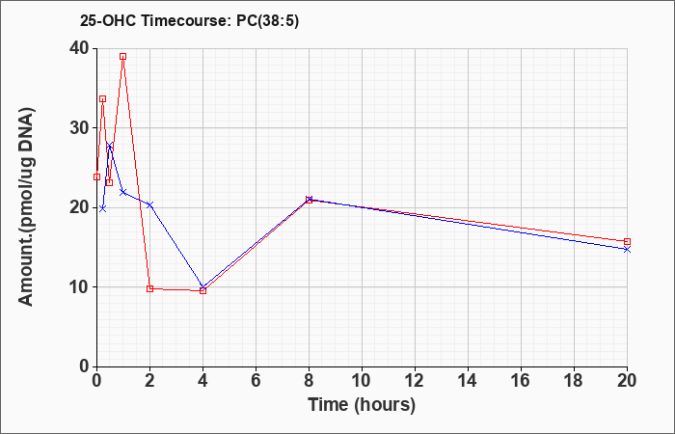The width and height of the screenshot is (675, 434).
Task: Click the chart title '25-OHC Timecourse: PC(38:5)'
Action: click(189, 21)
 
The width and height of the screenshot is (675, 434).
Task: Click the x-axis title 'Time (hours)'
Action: click(362, 405)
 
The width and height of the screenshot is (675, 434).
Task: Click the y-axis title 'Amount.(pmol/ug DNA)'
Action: click(26, 206)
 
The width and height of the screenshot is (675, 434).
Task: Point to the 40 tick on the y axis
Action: click(82, 48)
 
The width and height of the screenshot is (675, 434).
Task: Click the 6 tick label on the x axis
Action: click(256, 381)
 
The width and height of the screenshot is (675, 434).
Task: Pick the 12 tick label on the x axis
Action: click(415, 381)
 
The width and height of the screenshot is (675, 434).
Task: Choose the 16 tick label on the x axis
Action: click(521, 381)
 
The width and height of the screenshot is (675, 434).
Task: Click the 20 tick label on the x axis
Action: click(627, 381)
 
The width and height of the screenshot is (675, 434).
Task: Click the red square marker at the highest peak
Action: click(123, 56)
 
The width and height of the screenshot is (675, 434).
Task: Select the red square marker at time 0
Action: click(96, 176)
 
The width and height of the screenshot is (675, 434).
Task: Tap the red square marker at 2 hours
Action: click(149, 288)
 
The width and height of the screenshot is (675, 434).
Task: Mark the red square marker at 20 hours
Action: click(627, 241)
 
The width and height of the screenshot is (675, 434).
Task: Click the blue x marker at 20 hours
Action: click(627, 249)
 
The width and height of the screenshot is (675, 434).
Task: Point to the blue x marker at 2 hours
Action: click(149, 204)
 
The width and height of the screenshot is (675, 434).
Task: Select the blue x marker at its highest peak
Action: click(110, 146)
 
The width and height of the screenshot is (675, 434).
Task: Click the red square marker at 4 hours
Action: click(203, 291)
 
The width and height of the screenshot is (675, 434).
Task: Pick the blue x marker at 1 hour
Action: click(123, 192)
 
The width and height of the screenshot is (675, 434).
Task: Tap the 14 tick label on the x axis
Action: click(468, 381)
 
